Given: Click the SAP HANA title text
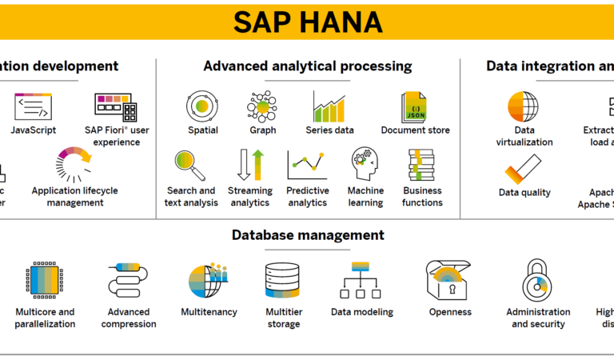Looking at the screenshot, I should click(307, 22).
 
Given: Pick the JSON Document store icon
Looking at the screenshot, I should click(415, 106).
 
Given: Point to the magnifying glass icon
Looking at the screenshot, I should click(190, 165).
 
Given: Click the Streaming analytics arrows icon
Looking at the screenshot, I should click(249, 165).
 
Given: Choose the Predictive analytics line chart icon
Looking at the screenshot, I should click(307, 165).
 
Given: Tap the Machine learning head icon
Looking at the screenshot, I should click(365, 165).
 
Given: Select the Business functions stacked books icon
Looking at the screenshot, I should click(422, 166).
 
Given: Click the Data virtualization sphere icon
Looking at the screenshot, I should click(523, 106).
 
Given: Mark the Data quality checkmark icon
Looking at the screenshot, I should click(524, 169).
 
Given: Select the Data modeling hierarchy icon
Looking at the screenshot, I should click(362, 280).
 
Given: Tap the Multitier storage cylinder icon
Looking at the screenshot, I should click(282, 280).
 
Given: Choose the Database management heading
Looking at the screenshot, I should click(308, 235).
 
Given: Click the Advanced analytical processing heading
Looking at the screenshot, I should click(308, 66).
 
